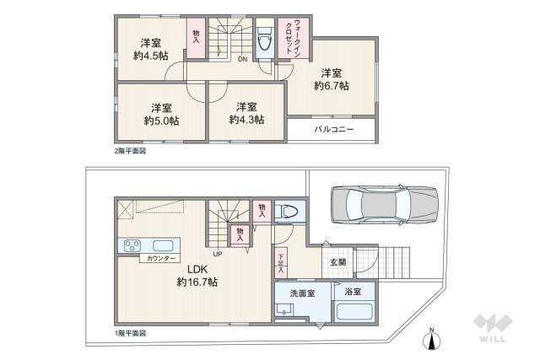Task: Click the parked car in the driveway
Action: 384,207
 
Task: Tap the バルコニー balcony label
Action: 334,130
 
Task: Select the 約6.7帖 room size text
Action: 332,85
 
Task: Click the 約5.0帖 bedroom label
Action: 161,121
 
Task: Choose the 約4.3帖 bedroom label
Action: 246,120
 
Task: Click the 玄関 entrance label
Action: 337,262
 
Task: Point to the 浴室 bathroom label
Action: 352,292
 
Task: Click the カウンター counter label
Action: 162,258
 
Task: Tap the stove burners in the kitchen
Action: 133,246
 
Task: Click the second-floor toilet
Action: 264,39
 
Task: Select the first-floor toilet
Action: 286,212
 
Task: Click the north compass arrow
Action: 431,340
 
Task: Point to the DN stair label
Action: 243,59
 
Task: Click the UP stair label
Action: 217,253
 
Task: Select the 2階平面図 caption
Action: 130,150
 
